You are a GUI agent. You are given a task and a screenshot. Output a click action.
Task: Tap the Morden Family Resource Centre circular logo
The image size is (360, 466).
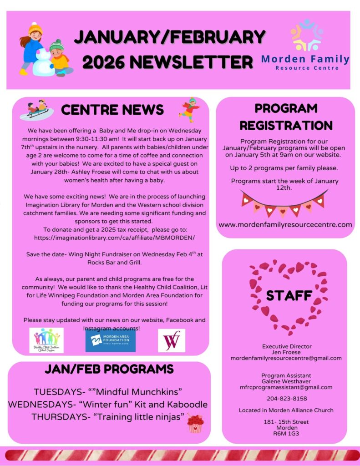(307, 35)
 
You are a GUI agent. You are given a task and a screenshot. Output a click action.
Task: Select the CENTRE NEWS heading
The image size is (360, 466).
(112, 110)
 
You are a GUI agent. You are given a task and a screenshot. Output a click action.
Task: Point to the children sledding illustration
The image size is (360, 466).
(36, 109)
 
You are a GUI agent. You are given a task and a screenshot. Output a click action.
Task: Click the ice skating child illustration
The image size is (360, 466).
(190, 110)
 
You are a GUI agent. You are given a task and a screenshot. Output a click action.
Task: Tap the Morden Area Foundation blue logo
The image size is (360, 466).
(111, 340)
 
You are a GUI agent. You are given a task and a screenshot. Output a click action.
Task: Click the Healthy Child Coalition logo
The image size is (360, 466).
(46, 340)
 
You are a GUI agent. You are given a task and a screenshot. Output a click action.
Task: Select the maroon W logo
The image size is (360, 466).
(172, 340)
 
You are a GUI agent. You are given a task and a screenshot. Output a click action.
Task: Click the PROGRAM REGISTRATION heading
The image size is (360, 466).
(286, 116)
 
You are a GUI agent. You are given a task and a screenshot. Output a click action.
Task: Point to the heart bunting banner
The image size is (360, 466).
(284, 203)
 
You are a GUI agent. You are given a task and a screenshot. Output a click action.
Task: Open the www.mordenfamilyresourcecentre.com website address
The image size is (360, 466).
(285, 224)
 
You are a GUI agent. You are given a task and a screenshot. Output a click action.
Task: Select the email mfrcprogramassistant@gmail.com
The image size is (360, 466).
(286, 387)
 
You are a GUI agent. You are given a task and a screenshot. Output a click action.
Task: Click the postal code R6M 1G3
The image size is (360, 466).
(286, 434)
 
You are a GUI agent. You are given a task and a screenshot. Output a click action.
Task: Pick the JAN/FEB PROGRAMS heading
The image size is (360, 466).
(109, 369)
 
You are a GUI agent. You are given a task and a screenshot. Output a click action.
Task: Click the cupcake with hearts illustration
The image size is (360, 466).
(195, 423)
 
